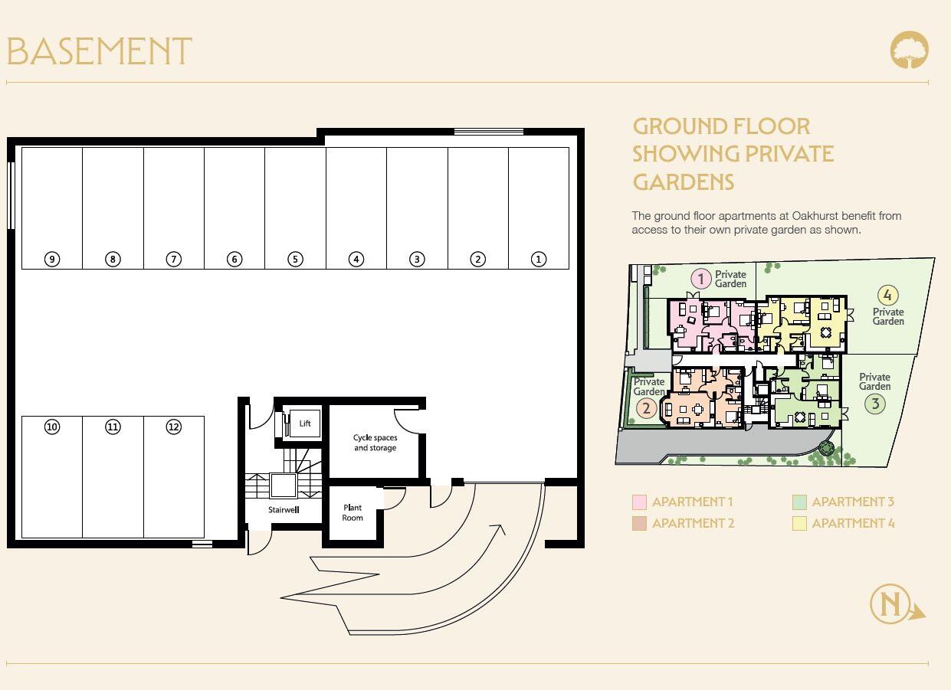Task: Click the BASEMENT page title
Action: [x=99, y=52]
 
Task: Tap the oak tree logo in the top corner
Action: [x=909, y=51]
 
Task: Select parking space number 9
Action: [x=52, y=259]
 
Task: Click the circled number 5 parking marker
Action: [x=295, y=259]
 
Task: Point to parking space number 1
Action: [x=539, y=259]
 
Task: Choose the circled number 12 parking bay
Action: [x=174, y=427]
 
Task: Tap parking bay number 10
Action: [x=52, y=427]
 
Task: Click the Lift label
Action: [x=305, y=423]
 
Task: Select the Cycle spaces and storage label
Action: [x=375, y=443]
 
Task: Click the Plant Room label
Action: [x=353, y=512]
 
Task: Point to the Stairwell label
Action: [x=284, y=509]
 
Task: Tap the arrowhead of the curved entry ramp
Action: [x=500, y=530]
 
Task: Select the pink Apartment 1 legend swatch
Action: [x=639, y=502]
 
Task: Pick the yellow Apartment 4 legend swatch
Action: [x=799, y=524]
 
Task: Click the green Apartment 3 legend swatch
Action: [x=799, y=502]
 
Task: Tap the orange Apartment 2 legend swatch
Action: [x=639, y=524]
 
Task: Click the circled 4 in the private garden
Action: [x=887, y=295]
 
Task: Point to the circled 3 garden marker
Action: [x=875, y=404]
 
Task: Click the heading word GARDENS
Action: [x=683, y=182]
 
